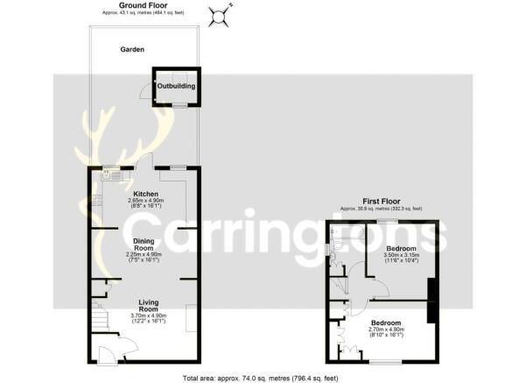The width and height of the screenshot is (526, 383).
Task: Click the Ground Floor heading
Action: pyautogui.click(x=144, y=5)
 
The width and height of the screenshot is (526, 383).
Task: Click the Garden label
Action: pyautogui.click(x=132, y=50)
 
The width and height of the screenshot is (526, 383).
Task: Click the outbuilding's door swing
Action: pyautogui.click(x=146, y=91)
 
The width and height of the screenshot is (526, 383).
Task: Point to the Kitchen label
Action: pyautogui.click(x=144, y=193)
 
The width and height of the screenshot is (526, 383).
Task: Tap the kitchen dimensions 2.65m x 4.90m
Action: pyautogui.click(x=144, y=202)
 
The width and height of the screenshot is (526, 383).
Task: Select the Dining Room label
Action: pyautogui.click(x=144, y=244)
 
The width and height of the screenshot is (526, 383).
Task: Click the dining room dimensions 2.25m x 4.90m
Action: pyautogui.click(x=144, y=256)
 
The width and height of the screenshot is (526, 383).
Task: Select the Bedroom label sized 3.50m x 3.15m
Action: pyautogui.click(x=401, y=248)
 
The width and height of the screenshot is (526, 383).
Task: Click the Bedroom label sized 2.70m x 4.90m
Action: pyautogui.click(x=384, y=322)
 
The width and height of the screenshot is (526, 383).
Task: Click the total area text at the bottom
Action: pyautogui.click(x=262, y=378)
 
